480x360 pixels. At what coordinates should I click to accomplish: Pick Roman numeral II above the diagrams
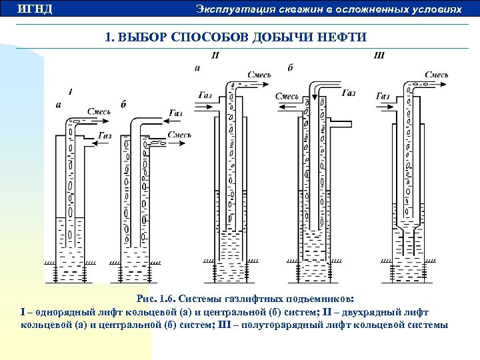[x=215, y=55]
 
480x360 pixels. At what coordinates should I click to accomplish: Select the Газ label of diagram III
[x=383, y=96]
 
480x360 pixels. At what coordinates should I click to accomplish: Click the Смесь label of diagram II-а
[x=259, y=75]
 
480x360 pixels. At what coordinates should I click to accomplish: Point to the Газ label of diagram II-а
[x=205, y=96]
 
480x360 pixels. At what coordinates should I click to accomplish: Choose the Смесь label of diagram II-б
[x=287, y=97]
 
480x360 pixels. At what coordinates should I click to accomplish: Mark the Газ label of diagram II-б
[x=348, y=94]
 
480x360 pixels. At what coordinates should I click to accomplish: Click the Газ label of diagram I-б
[x=175, y=113]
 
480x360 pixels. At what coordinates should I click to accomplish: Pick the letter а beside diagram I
[x=59, y=105]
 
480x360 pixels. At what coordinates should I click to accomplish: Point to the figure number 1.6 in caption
[x=166, y=300]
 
